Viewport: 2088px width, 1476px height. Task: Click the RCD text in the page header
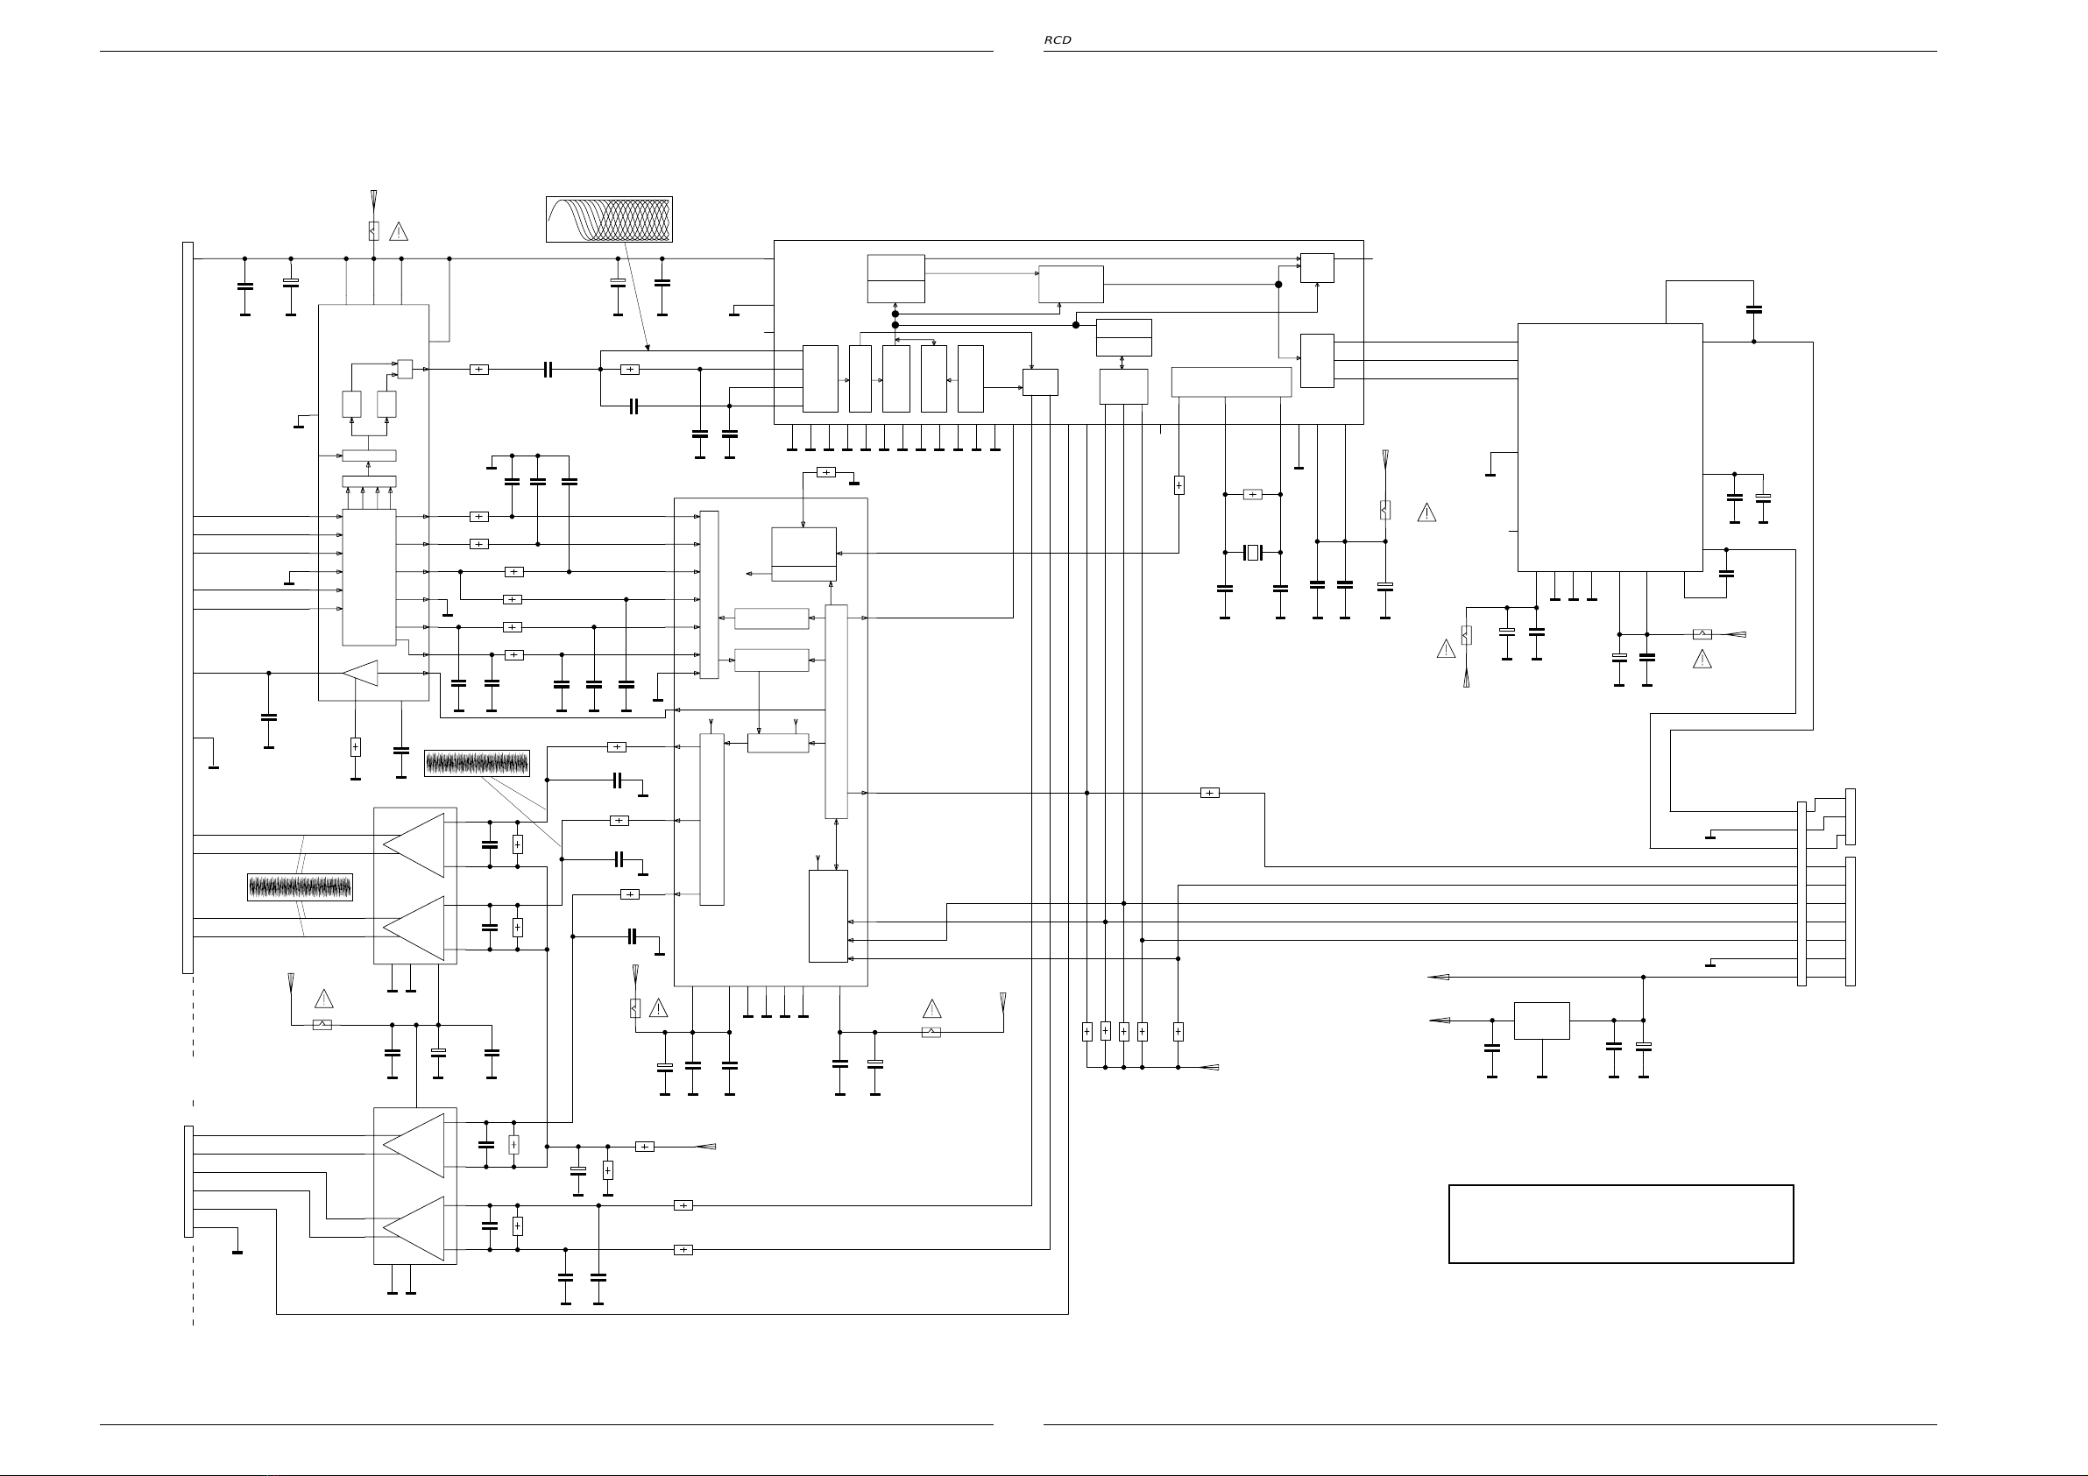pos(1057,40)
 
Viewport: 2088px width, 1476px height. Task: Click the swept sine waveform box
pos(609,219)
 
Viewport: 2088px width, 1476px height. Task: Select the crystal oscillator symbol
pos(1253,552)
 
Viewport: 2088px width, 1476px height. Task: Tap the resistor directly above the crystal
pos(1252,495)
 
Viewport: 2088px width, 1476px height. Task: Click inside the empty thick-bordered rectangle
pos(1621,1223)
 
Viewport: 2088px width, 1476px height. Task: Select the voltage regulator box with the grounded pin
pos(1541,1020)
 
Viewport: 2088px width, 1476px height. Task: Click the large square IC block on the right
pos(1610,448)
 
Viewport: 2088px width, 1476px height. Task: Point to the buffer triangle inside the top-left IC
pos(360,673)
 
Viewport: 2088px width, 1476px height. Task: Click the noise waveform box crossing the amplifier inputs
pos(301,886)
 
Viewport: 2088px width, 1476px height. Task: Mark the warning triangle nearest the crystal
pos(1426,513)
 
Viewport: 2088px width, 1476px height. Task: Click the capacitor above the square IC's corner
pos(1754,310)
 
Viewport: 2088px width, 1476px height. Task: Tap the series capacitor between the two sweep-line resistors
pos(548,370)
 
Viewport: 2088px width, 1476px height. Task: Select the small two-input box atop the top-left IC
pos(405,370)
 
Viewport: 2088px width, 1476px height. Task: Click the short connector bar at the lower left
pos(188,1182)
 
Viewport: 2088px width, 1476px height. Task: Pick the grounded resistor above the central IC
pos(825,472)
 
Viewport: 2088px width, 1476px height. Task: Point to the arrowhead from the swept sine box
pos(647,348)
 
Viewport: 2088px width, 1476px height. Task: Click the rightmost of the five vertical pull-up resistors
pos(1178,1031)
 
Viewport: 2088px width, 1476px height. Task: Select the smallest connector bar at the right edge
pos(1850,816)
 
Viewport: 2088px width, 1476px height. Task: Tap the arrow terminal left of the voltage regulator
pos(1439,1020)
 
